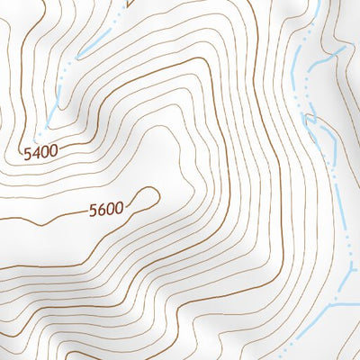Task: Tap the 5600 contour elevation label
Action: tap(105, 211)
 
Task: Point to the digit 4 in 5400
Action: tap(35, 155)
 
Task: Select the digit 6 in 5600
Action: tap(101, 211)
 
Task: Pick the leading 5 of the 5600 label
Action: tap(93, 212)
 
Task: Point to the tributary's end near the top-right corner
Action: tap(342, 49)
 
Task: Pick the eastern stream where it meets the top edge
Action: tap(310, 2)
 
